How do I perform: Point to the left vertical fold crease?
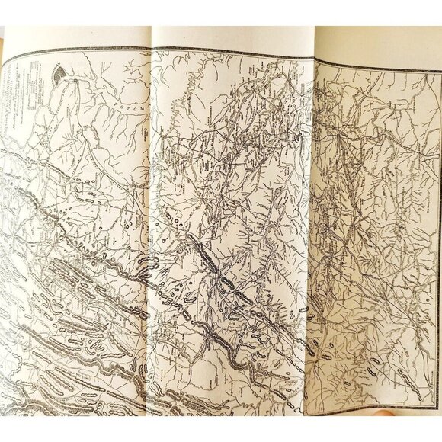(152, 229)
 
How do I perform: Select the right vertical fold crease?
(314, 229)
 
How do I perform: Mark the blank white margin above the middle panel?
(229, 37)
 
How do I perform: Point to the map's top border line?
(229, 51)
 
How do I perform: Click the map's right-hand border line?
(439, 229)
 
